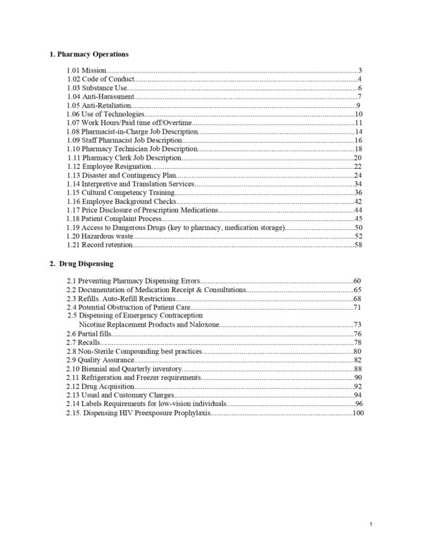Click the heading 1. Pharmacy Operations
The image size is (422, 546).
[89, 54]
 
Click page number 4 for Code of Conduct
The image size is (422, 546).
[359, 80]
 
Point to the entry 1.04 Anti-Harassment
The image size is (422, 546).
[100, 96]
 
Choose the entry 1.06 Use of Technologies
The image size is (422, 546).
[105, 114]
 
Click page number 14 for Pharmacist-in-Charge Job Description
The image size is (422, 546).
[358, 132]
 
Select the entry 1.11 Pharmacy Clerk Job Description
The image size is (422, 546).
[124, 158]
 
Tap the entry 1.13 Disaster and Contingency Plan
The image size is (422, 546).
[121, 175]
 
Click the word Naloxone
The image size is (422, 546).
[201, 324]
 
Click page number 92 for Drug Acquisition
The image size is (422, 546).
[358, 386]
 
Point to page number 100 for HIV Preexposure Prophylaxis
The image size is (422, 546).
[358, 412]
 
